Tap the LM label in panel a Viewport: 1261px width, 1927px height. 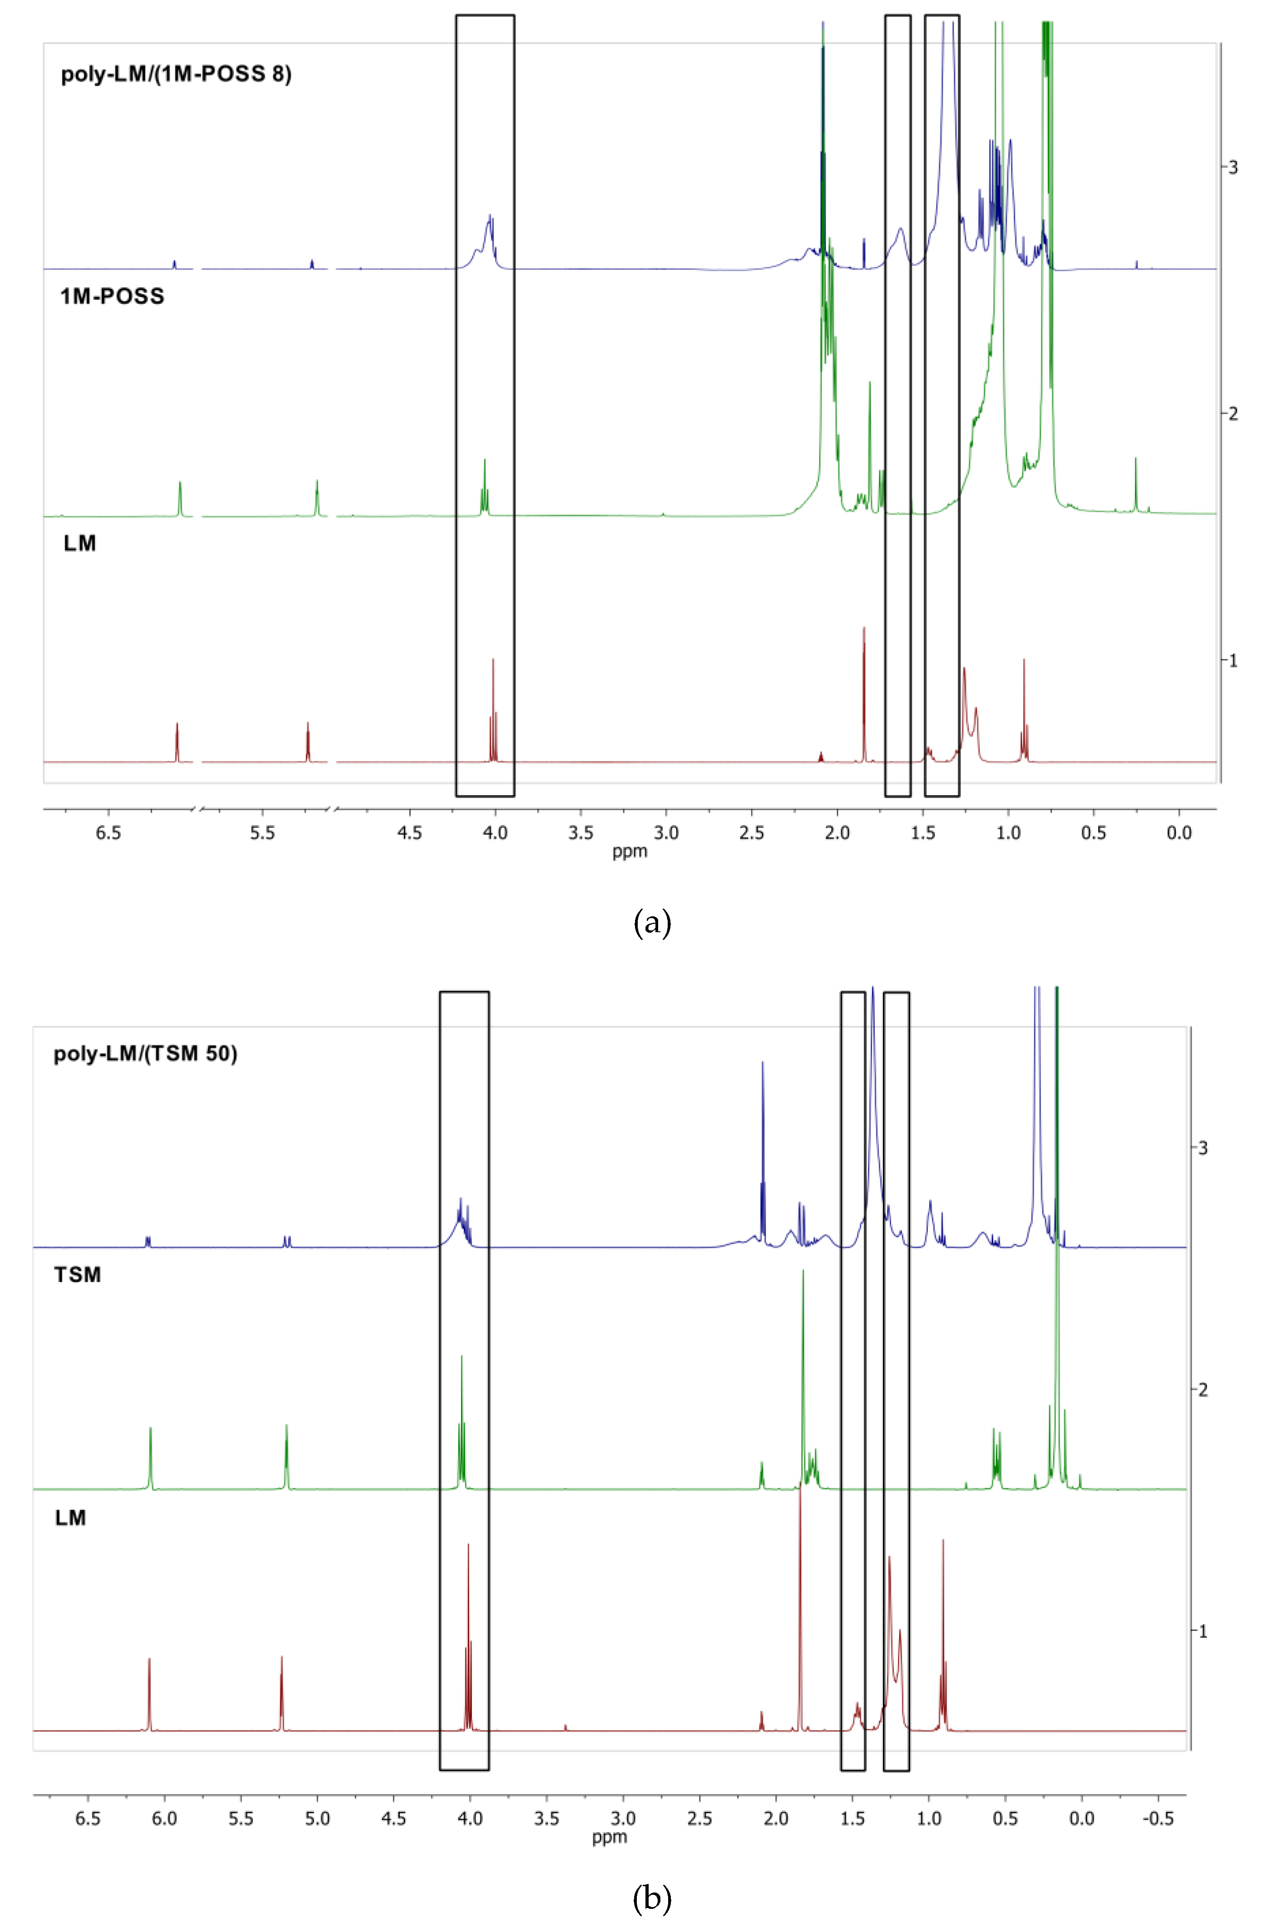tap(79, 543)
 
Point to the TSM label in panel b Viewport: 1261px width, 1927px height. tap(77, 1275)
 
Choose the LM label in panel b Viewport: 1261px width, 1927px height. tap(70, 1517)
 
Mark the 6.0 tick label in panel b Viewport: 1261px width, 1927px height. tap(164, 1819)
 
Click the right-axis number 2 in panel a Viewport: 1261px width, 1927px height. tap(1233, 414)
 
